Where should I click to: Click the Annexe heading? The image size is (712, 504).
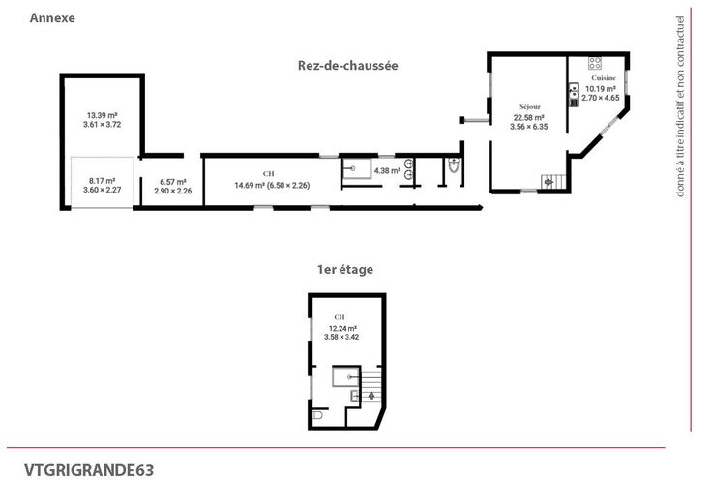tap(52, 18)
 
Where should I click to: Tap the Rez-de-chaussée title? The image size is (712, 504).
tap(348, 66)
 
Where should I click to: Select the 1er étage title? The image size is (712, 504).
tap(345, 269)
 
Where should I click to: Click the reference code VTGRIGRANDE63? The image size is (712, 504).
tap(89, 470)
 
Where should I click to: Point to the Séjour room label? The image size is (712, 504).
tap(530, 107)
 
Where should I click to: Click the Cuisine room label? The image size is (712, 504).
tap(604, 78)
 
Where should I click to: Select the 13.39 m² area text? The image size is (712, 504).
tap(103, 115)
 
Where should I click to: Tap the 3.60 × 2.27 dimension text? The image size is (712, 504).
tap(103, 190)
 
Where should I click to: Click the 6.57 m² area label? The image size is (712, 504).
tap(173, 182)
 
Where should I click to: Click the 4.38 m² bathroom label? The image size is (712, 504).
tap(387, 171)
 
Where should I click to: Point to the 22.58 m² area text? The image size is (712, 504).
tap(529, 118)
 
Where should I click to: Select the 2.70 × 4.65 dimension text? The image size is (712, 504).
tap(601, 98)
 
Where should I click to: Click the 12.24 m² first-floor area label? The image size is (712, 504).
tap(342, 328)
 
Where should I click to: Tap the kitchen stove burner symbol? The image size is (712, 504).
tap(595, 63)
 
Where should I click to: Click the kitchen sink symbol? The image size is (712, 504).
tap(574, 91)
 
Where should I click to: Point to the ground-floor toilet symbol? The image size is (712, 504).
tap(454, 165)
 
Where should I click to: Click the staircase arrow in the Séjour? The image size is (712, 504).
tap(549, 182)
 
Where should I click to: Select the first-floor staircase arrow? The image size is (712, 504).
tap(371, 396)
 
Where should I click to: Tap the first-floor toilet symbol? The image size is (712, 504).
tap(317, 415)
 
